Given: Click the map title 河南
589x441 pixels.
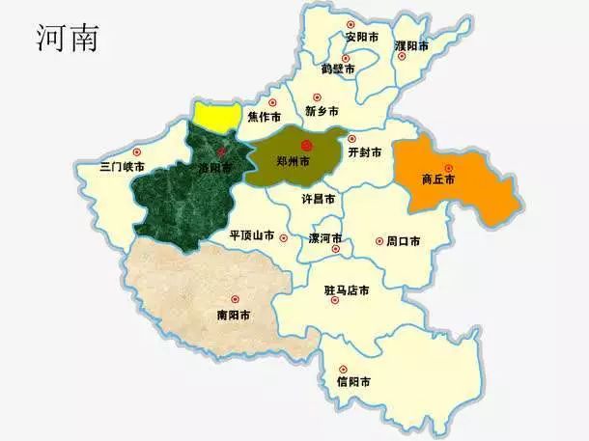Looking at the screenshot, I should click(67, 36).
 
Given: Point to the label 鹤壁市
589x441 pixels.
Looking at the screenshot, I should click(338, 69).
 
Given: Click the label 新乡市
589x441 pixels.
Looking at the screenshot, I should click(323, 110).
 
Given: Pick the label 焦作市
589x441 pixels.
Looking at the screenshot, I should click(264, 117).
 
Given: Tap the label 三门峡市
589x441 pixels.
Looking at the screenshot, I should click(123, 167).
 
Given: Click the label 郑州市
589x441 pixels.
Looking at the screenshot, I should click(291, 160).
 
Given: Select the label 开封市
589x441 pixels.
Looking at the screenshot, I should click(364, 152).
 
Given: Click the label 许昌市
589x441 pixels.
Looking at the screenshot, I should click(319, 198).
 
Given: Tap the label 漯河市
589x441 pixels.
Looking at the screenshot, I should click(326, 237).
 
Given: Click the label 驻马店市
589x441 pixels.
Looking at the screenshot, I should click(347, 289).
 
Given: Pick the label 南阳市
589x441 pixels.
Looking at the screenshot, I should click(234, 315).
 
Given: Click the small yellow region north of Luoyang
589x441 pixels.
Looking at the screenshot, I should click(216, 115).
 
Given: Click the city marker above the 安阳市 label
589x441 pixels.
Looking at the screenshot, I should click(351, 23).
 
